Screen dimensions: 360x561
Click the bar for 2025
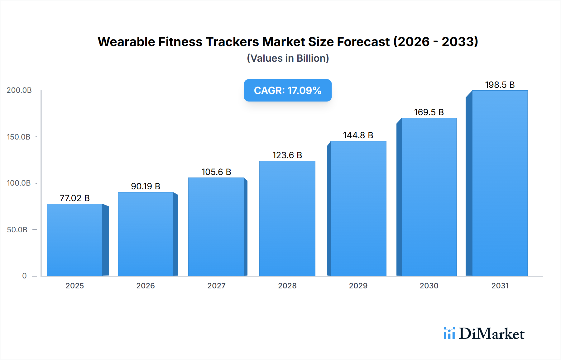[x=75, y=240]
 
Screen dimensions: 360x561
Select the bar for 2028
[x=287, y=218]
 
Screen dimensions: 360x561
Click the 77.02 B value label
[x=74, y=198]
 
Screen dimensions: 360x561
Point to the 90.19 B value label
[x=146, y=186]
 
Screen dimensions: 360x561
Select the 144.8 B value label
[x=358, y=135]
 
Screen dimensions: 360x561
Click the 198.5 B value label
[x=500, y=85]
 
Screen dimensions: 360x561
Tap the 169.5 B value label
[x=429, y=112]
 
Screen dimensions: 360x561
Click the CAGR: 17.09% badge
[x=288, y=90]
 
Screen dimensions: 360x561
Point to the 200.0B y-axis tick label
[x=19, y=90]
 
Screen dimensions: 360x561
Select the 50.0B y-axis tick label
[x=17, y=230]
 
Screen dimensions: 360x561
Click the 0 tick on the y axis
[x=24, y=276]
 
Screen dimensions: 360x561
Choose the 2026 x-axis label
[x=146, y=286]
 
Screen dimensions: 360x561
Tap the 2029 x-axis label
[x=358, y=286]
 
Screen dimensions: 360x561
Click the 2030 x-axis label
[x=429, y=286]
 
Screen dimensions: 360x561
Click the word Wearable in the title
[x=126, y=42]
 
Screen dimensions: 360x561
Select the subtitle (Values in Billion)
[x=288, y=58]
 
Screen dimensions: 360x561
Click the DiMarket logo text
[x=491, y=334]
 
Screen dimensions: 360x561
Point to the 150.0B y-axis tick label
[x=19, y=137]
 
